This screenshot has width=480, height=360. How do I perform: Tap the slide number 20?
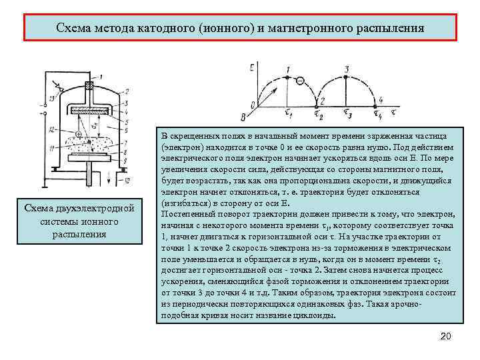pyautogui.click(x=446, y=336)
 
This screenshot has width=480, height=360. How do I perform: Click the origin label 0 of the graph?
pyautogui.click(x=251, y=104)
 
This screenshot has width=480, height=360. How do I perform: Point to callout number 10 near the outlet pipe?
pyautogui.click(x=127, y=181)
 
